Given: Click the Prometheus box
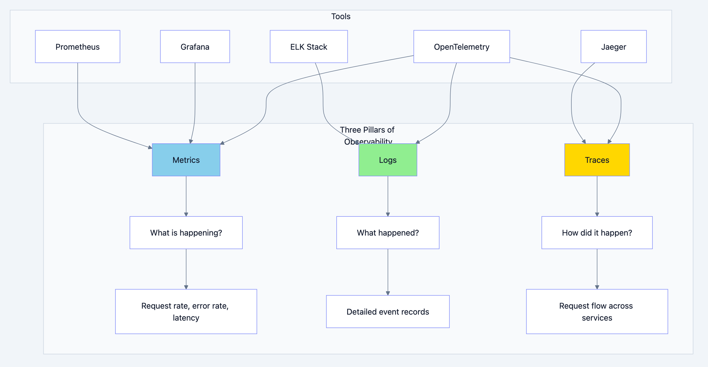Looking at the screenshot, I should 77,47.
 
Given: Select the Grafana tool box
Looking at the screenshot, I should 195,47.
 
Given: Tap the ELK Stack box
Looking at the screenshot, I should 309,47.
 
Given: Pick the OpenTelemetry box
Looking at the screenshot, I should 461,47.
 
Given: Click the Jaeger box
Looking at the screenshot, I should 614,47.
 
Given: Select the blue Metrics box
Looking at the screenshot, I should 186,160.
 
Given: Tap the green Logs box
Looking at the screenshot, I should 387,160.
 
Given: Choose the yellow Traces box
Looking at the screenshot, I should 597,160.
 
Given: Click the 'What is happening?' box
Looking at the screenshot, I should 186,233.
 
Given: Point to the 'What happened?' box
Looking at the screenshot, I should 387,233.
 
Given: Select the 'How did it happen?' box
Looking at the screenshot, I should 597,233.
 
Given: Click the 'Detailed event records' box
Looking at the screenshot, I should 387,312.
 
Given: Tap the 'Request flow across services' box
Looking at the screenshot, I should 597,312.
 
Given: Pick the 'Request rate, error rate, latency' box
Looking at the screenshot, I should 186,312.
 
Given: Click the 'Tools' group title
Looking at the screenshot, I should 341,16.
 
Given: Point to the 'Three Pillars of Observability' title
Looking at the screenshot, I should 367,130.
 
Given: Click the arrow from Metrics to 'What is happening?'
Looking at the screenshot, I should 186,196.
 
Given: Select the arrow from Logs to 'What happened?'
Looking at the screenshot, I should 388,196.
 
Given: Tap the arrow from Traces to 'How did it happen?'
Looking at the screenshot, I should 597,196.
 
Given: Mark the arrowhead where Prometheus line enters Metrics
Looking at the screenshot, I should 150,147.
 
